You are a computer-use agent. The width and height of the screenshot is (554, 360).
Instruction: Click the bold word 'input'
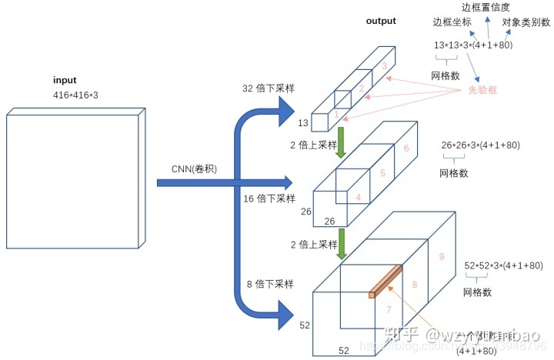(x=65, y=81)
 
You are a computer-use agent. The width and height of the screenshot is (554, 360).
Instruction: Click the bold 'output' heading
(x=381, y=21)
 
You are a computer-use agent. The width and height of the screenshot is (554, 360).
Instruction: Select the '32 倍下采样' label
(x=266, y=89)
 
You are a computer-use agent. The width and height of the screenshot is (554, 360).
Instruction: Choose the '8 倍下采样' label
(x=269, y=284)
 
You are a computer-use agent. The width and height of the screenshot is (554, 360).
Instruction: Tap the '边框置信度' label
(x=492, y=7)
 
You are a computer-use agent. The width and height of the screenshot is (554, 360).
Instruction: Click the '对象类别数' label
(x=526, y=23)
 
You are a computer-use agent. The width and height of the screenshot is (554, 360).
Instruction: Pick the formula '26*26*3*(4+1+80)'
(x=480, y=145)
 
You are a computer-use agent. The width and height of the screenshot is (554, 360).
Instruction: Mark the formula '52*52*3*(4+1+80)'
(x=504, y=265)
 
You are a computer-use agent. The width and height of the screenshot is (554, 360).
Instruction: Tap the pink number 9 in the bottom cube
(x=442, y=257)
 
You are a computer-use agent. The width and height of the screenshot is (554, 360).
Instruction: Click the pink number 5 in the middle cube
(x=382, y=175)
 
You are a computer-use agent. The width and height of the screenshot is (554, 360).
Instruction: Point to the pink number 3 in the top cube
(x=384, y=67)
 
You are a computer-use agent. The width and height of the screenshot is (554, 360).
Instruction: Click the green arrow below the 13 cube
(x=339, y=142)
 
